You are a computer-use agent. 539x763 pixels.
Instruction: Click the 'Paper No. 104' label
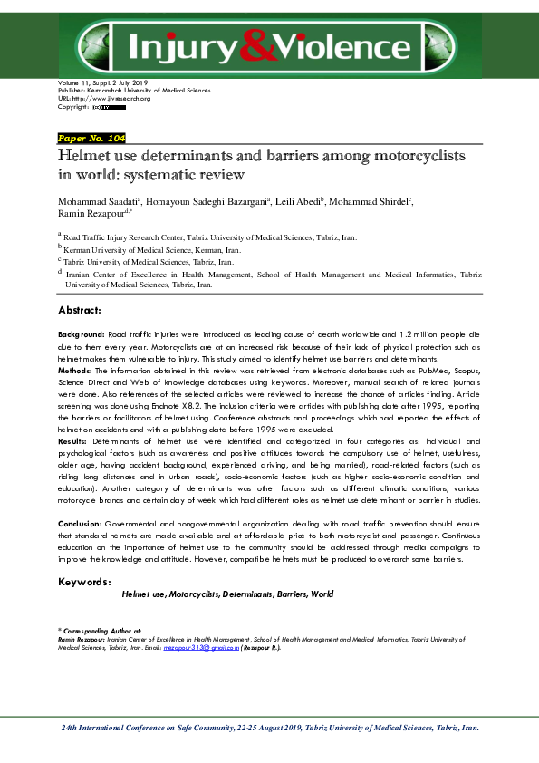(91, 138)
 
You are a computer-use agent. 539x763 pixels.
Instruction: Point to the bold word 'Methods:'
(74, 371)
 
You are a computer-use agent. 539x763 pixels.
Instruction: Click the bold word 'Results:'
(73, 440)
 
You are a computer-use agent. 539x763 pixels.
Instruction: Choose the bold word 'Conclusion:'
(84, 525)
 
